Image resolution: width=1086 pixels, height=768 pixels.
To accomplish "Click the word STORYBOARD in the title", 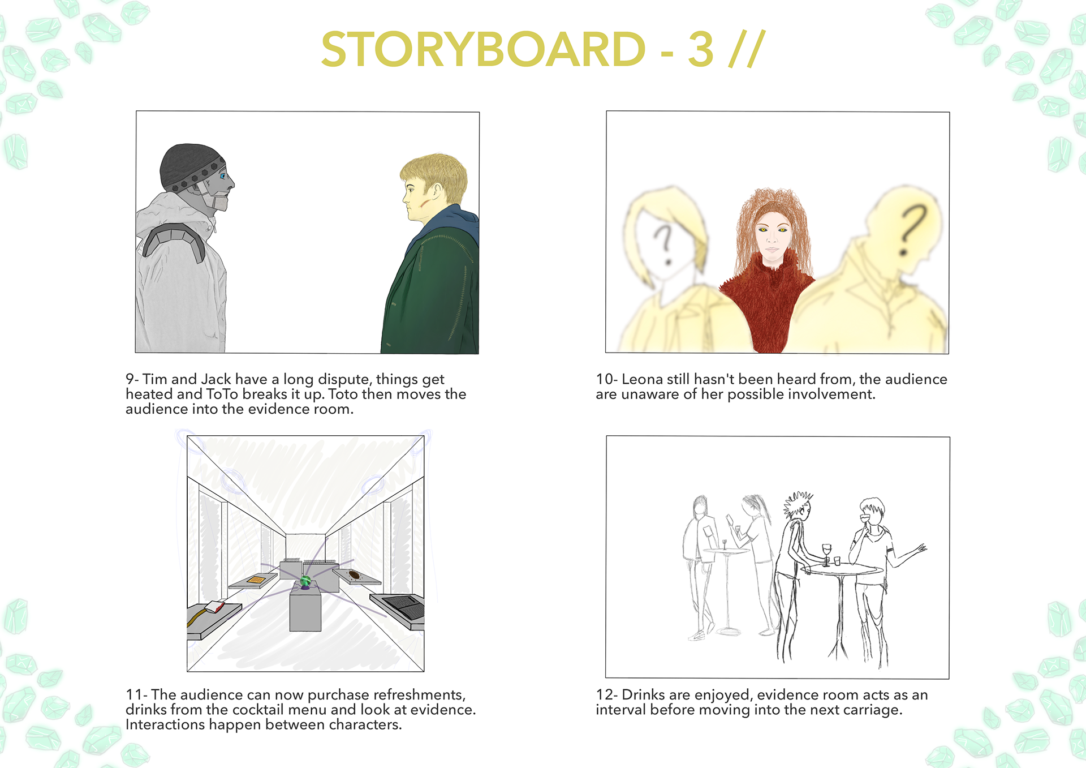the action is [483, 49].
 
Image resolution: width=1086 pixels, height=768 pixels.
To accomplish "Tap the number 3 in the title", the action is [701, 49].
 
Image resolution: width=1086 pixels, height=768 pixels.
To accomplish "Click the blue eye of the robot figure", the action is [223, 177].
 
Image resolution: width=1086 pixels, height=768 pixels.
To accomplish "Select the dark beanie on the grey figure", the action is [191, 166].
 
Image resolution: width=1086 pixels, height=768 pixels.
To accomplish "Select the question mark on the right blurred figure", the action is [912, 230].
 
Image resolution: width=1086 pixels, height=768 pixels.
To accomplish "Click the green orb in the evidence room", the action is [305, 581].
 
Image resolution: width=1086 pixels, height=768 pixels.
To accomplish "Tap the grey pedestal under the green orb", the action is [305, 608].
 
